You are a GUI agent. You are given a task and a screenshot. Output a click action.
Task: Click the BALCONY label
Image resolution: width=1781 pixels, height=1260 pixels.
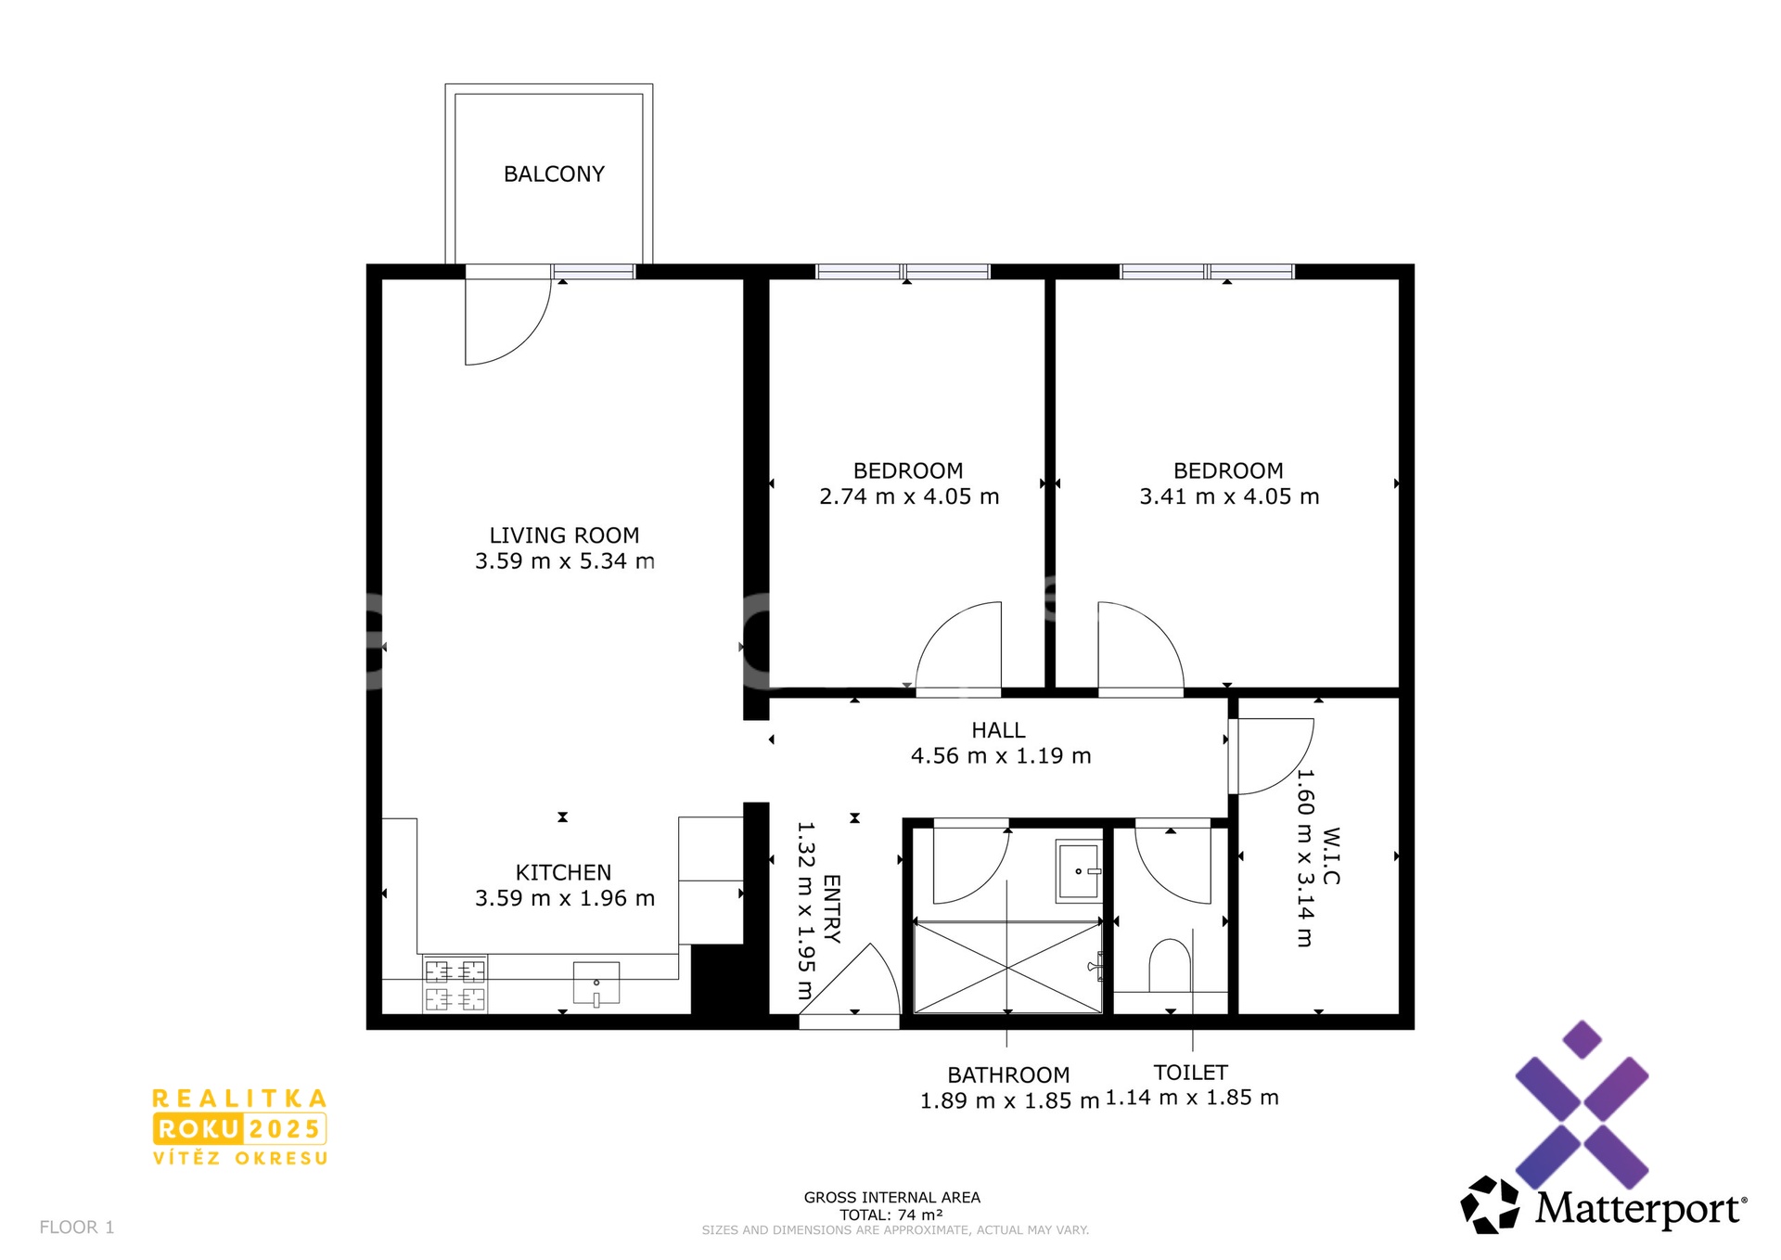click(554, 174)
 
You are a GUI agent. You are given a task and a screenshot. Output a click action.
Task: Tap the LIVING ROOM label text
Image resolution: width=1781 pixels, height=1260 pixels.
click(564, 535)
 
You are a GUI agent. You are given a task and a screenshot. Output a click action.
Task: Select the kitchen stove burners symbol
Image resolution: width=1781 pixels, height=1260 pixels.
click(455, 984)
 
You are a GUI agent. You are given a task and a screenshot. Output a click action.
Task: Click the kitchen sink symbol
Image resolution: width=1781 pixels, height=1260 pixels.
click(596, 984)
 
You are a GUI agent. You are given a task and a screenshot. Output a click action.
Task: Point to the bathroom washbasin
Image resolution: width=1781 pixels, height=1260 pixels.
click(1079, 870)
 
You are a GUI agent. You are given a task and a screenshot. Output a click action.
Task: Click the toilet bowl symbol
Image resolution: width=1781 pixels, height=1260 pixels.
click(1169, 966)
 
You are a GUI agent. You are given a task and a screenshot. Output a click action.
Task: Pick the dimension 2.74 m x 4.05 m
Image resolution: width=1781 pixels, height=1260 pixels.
click(909, 496)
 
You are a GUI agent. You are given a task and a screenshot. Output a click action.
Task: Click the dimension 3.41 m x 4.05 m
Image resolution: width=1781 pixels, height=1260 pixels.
click(1229, 496)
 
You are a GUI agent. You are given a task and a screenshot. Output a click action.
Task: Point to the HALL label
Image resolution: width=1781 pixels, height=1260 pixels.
click(998, 730)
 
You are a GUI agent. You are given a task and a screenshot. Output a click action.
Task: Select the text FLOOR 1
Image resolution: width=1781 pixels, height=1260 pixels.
click(77, 1227)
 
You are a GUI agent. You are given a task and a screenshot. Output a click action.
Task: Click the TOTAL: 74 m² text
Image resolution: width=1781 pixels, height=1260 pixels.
click(891, 1215)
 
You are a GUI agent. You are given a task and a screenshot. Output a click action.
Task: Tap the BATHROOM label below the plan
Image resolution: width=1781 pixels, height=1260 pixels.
click(1008, 1074)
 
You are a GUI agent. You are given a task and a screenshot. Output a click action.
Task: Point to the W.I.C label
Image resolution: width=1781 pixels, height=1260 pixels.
click(1331, 855)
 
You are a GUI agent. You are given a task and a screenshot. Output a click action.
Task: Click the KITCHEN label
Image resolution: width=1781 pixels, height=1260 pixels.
click(563, 872)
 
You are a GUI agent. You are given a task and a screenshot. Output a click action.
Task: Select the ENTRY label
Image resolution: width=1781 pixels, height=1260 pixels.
click(831, 908)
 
